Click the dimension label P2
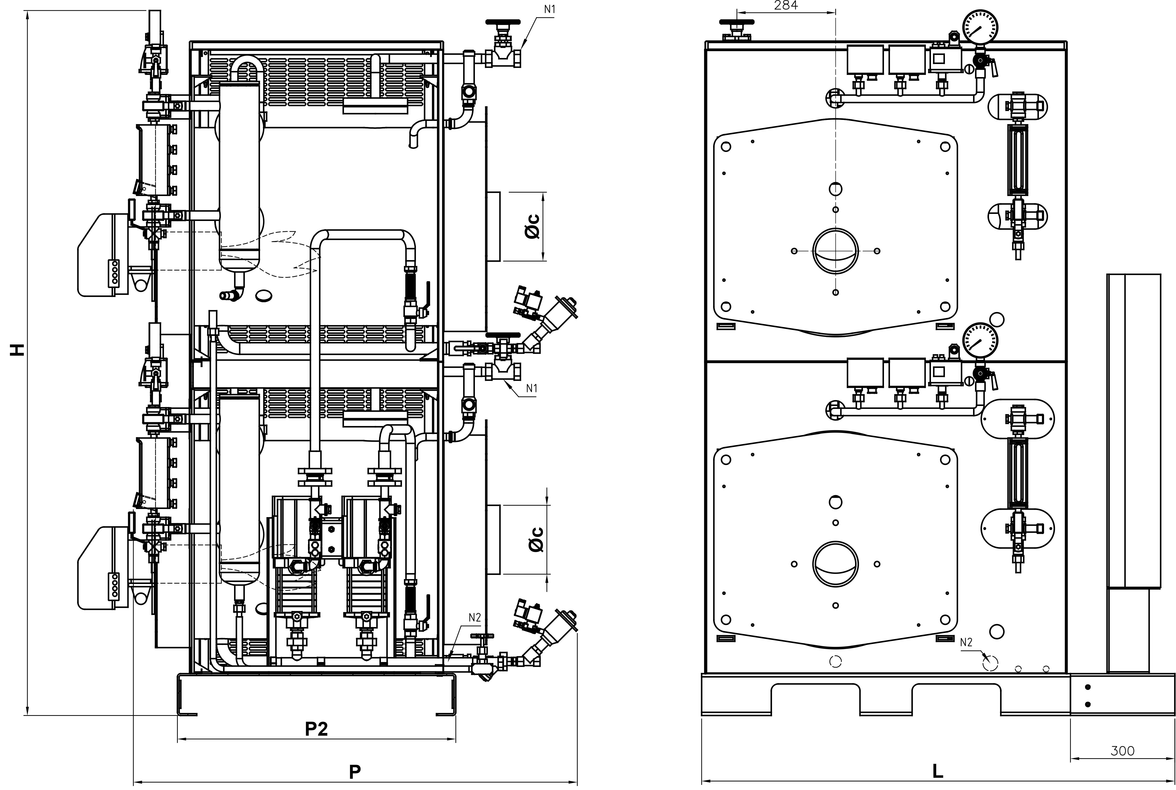coord(317,729)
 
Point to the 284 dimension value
coord(786,6)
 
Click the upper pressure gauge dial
coord(980,29)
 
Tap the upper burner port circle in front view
coord(835,251)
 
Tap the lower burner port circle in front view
coord(835,564)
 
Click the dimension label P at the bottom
coord(355,771)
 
